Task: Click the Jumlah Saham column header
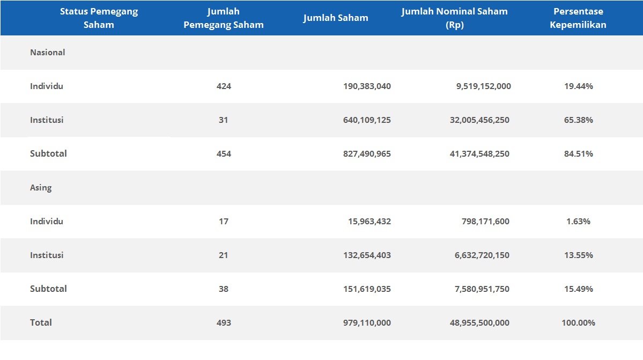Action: coord(336,18)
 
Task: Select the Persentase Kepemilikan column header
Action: coord(578,18)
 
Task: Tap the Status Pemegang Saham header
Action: coord(99,18)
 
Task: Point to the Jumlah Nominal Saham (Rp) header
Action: coord(454,18)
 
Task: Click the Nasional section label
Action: coord(48,53)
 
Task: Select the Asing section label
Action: coord(41,188)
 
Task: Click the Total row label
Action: coord(41,322)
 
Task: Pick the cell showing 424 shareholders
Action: coord(224,86)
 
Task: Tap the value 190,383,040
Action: coord(367,86)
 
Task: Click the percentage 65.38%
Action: coord(578,120)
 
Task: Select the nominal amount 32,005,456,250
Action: coord(479,120)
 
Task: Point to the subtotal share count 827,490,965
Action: coord(367,154)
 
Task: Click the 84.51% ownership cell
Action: coord(578,154)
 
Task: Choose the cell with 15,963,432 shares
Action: coord(370,222)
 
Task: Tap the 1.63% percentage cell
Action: coord(578,222)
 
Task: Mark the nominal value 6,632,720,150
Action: coord(482,255)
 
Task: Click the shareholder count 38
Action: coord(224,289)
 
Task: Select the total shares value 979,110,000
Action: coord(367,323)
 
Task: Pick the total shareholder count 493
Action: coord(224,323)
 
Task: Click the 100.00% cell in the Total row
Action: coord(578,323)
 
